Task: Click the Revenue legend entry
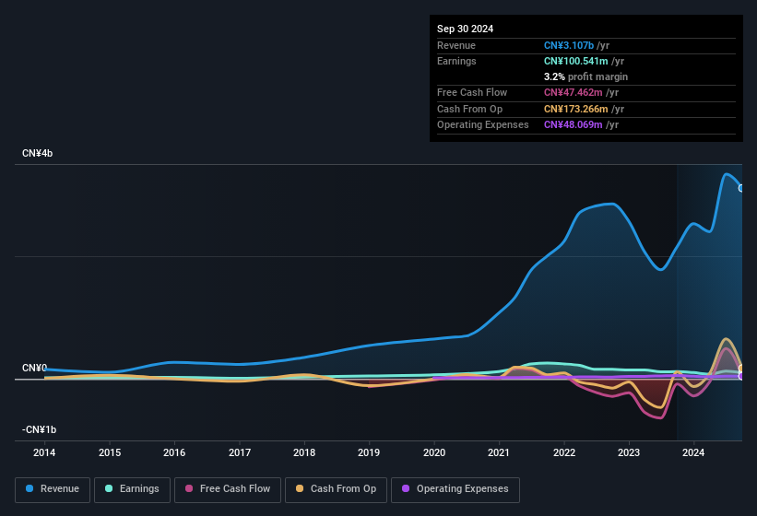pyautogui.click(x=53, y=489)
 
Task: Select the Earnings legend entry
pyautogui.click(x=132, y=489)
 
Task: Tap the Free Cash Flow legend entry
pyautogui.click(x=227, y=489)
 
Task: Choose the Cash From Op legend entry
pyautogui.click(x=336, y=489)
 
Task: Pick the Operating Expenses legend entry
pyautogui.click(x=455, y=489)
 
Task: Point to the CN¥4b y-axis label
pyautogui.click(x=38, y=153)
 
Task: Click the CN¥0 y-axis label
pyautogui.click(x=35, y=368)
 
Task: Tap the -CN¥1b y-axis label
pyautogui.click(x=40, y=429)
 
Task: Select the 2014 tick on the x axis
pyautogui.click(x=44, y=452)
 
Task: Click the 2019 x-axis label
pyautogui.click(x=369, y=452)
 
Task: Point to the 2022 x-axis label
pyautogui.click(x=564, y=452)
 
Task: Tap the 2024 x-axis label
pyautogui.click(x=694, y=452)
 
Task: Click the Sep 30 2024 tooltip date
pyautogui.click(x=465, y=29)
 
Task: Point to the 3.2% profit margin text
pyautogui.click(x=585, y=76)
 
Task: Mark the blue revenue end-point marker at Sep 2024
pyautogui.click(x=740, y=187)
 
